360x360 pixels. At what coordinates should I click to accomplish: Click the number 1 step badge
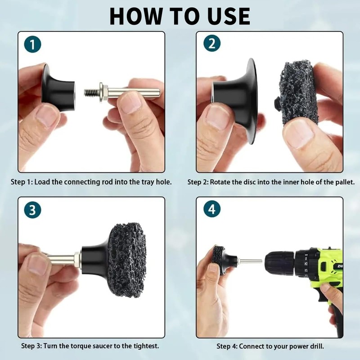[x=32, y=44]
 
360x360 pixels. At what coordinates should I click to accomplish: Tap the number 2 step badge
[x=212, y=43]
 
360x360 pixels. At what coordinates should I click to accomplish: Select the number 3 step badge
[x=32, y=210]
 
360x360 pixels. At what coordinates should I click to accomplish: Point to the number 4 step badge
[x=212, y=209]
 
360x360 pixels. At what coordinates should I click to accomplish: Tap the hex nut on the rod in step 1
[x=103, y=92]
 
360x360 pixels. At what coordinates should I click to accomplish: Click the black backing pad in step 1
[x=58, y=88]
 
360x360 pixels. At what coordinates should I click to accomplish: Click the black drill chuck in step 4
[x=279, y=263]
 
